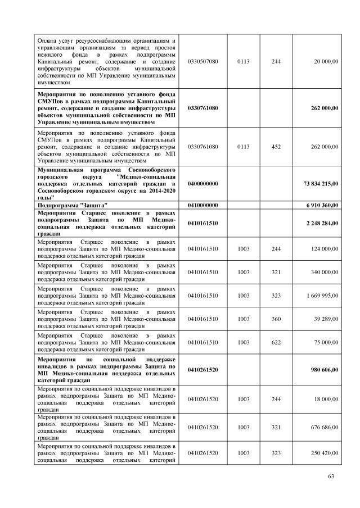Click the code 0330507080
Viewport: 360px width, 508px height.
[x=202, y=61]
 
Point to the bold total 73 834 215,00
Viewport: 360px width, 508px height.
[x=317, y=184]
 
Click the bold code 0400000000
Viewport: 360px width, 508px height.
[x=202, y=184]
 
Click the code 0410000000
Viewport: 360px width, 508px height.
[x=202, y=205]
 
